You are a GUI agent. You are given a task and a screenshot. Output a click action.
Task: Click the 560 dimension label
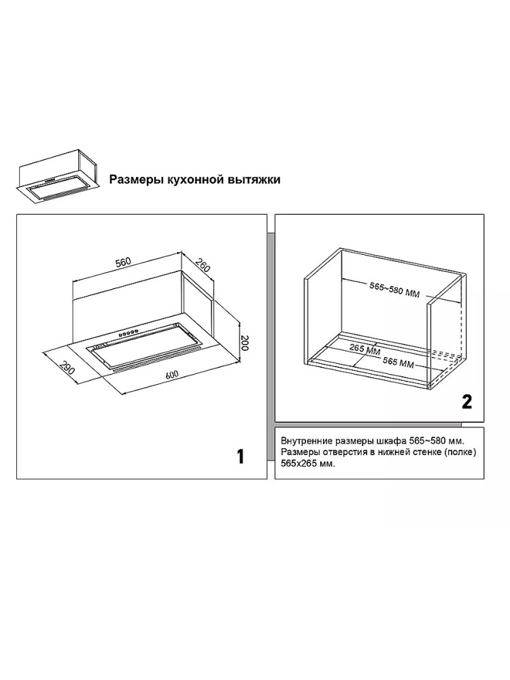pos(123,262)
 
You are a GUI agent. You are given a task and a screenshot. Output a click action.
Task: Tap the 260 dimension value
pos(203,265)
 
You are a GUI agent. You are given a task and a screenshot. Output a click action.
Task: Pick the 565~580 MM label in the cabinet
pos(394,290)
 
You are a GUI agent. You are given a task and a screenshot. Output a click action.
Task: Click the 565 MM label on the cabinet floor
pos(398,362)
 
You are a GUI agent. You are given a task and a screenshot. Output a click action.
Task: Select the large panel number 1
pos(241,457)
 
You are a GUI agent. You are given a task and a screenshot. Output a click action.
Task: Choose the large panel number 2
pos(466,402)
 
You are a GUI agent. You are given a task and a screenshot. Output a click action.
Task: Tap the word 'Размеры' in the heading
pos(135,180)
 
